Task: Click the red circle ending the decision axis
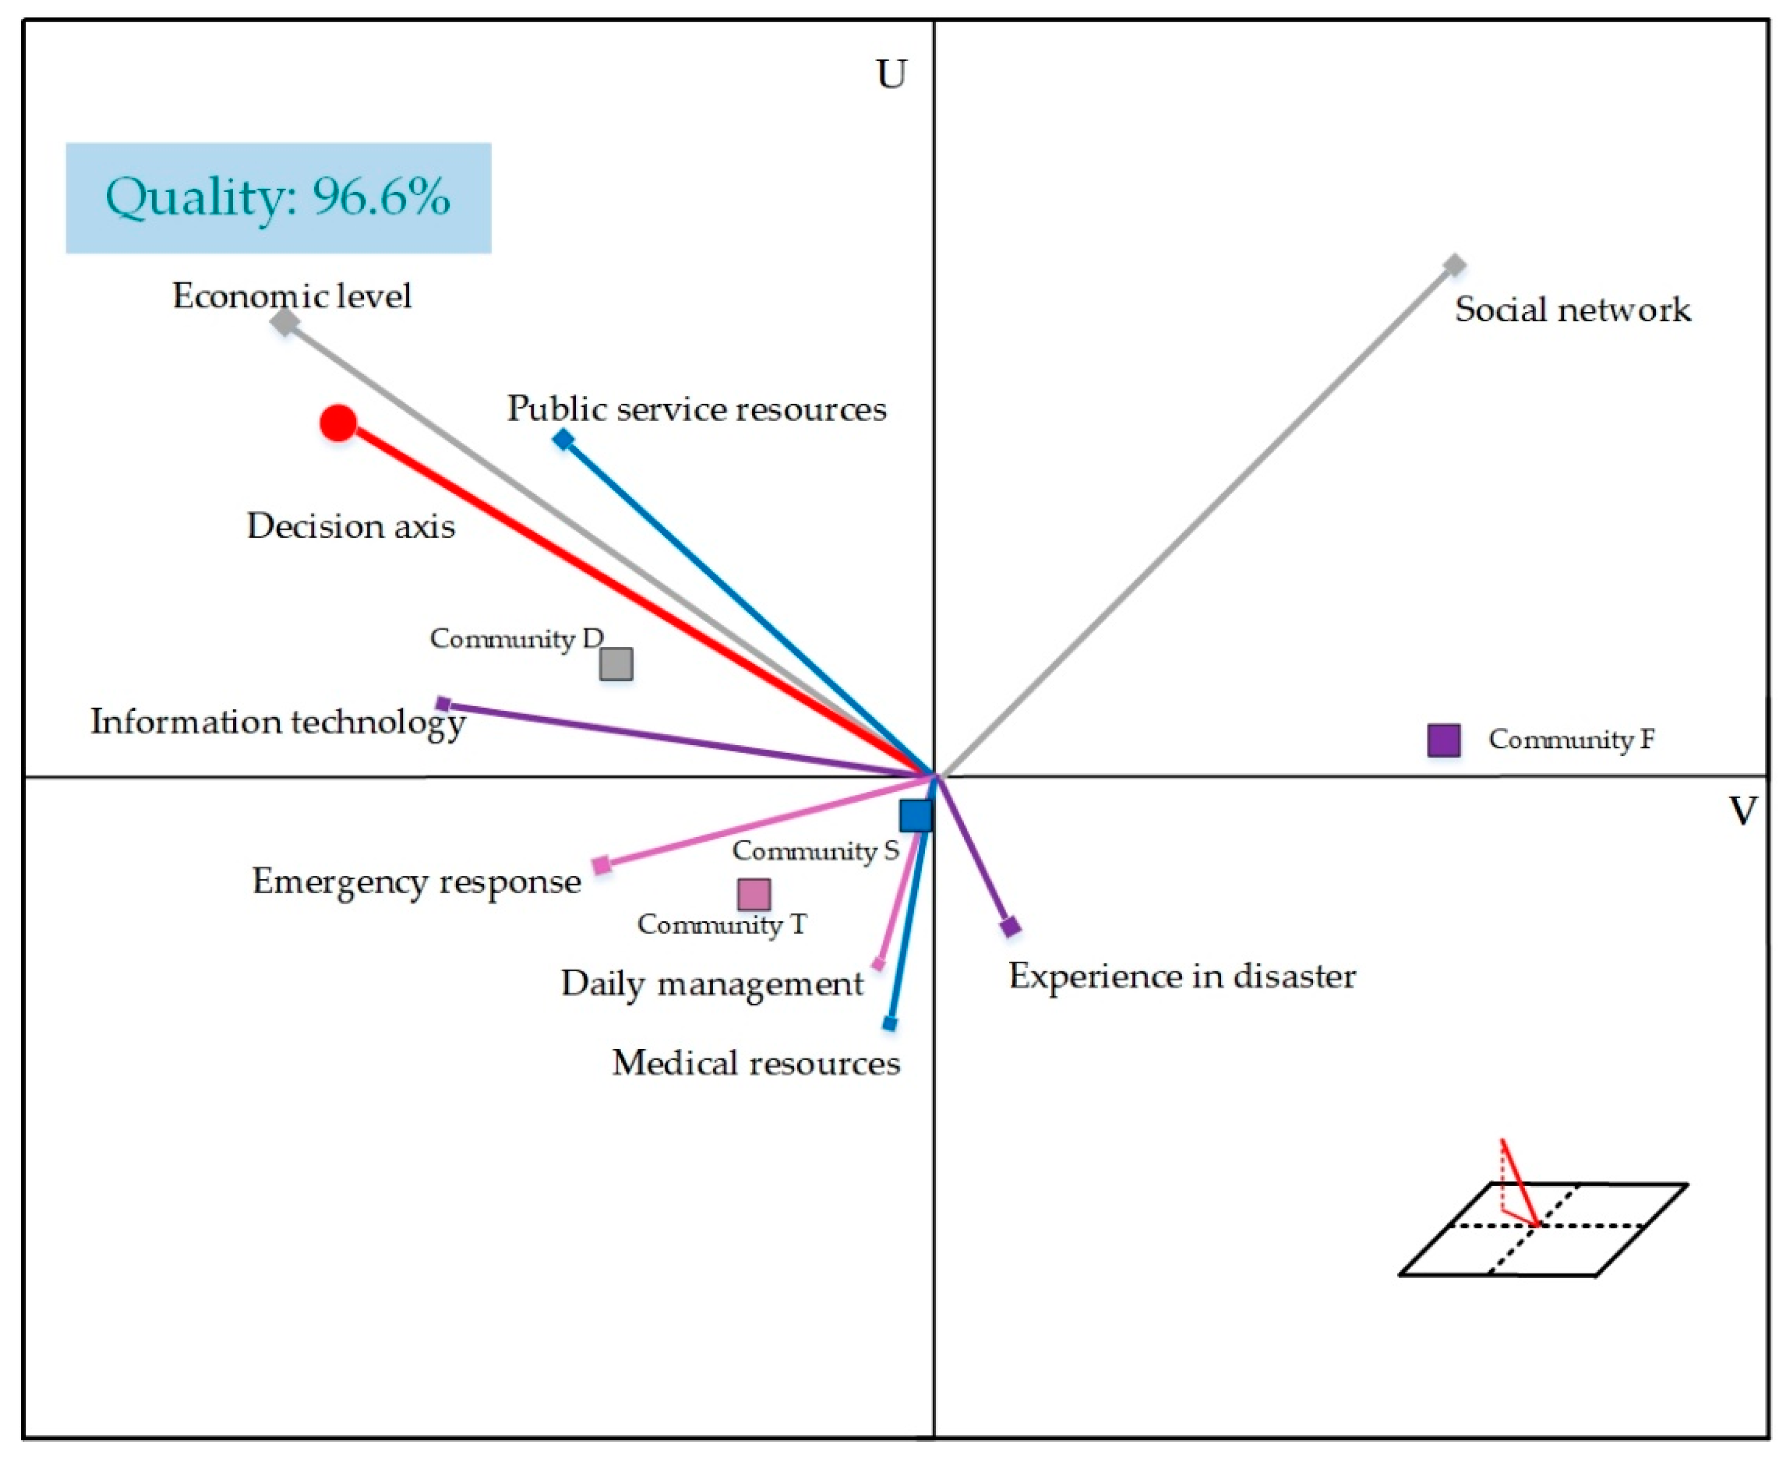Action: (x=338, y=423)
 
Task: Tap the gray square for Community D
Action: (x=616, y=664)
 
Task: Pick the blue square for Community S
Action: (x=916, y=815)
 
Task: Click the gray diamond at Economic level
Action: (x=285, y=322)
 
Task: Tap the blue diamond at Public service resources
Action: (x=563, y=439)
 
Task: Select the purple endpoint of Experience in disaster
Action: (x=1011, y=927)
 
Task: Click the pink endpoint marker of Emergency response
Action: (x=602, y=864)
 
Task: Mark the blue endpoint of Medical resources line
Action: (x=890, y=1024)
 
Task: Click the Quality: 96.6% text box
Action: (x=279, y=198)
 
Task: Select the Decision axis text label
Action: (x=351, y=526)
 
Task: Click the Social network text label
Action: (x=1572, y=310)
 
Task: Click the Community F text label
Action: (x=1571, y=739)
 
